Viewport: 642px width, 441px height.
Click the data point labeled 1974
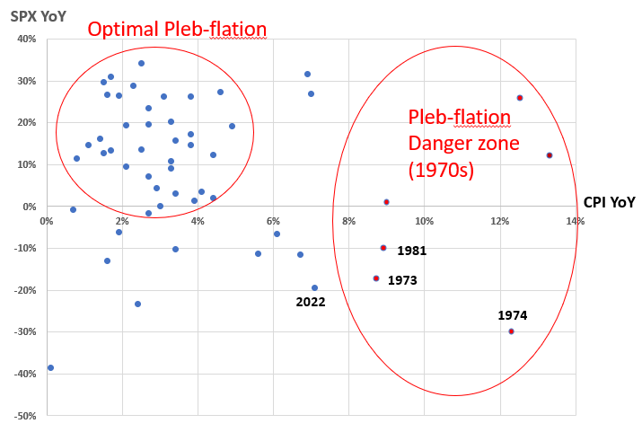[511, 331]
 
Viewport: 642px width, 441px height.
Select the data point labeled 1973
[376, 278]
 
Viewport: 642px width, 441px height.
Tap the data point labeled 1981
[383, 248]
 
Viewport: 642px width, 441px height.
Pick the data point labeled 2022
[314, 288]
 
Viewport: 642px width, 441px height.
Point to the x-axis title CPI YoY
[609, 203]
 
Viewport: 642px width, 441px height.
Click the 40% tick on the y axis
[24, 39]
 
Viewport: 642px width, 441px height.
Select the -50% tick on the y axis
[22, 416]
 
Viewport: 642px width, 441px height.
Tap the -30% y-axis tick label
[22, 332]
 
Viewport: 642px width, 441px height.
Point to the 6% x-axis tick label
[273, 220]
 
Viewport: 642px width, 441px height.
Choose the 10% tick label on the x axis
[424, 220]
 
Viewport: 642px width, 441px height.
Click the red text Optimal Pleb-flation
[177, 30]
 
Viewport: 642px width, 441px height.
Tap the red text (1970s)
[440, 168]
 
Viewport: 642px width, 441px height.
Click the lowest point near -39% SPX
[50, 367]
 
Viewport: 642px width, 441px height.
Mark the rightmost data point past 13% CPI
[550, 155]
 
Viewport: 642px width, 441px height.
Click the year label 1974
[513, 315]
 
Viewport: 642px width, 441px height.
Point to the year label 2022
[310, 303]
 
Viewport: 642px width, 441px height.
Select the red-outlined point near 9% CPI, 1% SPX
[386, 202]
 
